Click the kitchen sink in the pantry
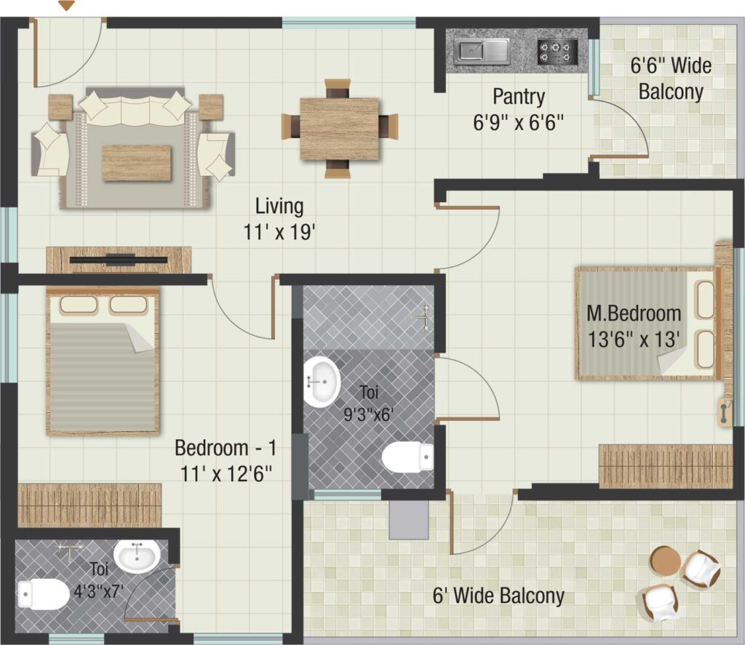tap(482, 52)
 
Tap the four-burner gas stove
tap(557, 52)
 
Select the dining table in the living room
tap(339, 129)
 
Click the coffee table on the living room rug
tap(136, 164)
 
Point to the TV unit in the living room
tap(119, 260)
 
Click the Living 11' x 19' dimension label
tap(279, 220)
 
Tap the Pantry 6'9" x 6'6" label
tap(518, 110)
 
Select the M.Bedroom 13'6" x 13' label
tap(634, 326)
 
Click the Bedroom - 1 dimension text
tap(226, 461)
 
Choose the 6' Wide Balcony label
tap(498, 596)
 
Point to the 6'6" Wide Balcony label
tap(671, 79)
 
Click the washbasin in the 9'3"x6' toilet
tap(321, 382)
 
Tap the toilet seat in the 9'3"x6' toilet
tap(407, 457)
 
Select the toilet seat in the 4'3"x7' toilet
tap(43, 593)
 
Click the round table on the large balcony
tap(665, 561)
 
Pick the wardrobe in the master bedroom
tap(665, 466)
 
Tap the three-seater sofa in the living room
tap(135, 105)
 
